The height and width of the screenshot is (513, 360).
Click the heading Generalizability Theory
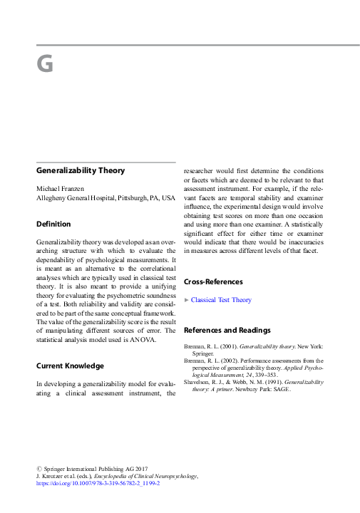click(81, 170)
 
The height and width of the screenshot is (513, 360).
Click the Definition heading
click(53, 224)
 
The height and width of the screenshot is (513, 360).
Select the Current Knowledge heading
click(70, 366)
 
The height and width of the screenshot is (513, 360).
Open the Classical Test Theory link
click(221, 300)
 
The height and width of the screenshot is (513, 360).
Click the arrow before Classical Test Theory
click(187, 300)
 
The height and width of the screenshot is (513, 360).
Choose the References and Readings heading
click(227, 330)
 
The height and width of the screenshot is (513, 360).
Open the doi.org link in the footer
click(98, 482)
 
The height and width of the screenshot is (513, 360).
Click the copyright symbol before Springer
click(39, 467)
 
